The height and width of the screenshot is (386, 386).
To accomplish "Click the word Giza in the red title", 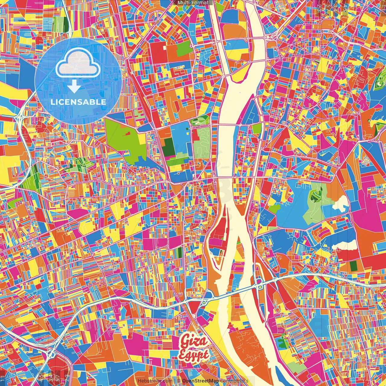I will pyautogui.click(x=194, y=342).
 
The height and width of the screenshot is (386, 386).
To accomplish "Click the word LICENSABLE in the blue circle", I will pyautogui.click(x=78, y=102).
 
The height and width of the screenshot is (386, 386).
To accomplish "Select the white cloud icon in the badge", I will pyautogui.click(x=78, y=63).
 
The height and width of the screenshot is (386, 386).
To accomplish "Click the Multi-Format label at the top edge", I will pyautogui.click(x=193, y=3).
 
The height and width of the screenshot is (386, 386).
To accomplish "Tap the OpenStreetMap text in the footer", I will pyautogui.click(x=200, y=381).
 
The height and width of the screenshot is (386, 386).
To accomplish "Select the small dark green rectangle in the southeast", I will pyautogui.click(x=353, y=265).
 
